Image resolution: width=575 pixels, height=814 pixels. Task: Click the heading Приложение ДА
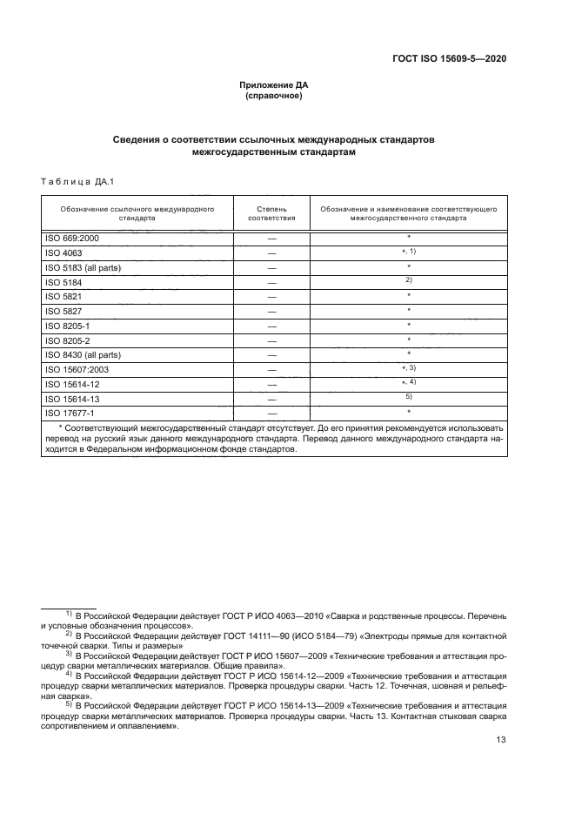pyautogui.click(x=274, y=85)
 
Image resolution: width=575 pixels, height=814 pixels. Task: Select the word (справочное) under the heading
pyautogui.click(x=274, y=96)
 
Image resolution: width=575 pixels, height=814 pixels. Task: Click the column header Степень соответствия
pyautogui.click(x=272, y=214)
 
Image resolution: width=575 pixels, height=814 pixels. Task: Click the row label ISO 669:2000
pyautogui.click(x=72, y=238)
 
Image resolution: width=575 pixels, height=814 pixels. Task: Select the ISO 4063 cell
pyautogui.click(x=63, y=252)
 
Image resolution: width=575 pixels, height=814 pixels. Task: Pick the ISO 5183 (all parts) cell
pyautogui.click(x=83, y=267)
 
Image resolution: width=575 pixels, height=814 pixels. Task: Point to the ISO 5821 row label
pyautogui.click(x=63, y=296)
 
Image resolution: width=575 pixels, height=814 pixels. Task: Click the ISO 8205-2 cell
pyautogui.click(x=67, y=340)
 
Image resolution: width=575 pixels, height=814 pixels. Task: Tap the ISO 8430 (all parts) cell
pyautogui.click(x=83, y=354)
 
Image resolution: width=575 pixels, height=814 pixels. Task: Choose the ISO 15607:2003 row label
pyautogui.click(x=77, y=369)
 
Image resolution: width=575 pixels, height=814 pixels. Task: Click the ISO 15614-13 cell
pyautogui.click(x=71, y=398)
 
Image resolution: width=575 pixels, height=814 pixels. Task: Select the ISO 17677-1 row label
pyautogui.click(x=69, y=413)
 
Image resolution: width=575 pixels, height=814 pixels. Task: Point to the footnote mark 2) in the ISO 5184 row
pyautogui.click(x=408, y=279)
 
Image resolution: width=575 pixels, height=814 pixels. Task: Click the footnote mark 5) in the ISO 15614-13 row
pyautogui.click(x=408, y=396)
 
